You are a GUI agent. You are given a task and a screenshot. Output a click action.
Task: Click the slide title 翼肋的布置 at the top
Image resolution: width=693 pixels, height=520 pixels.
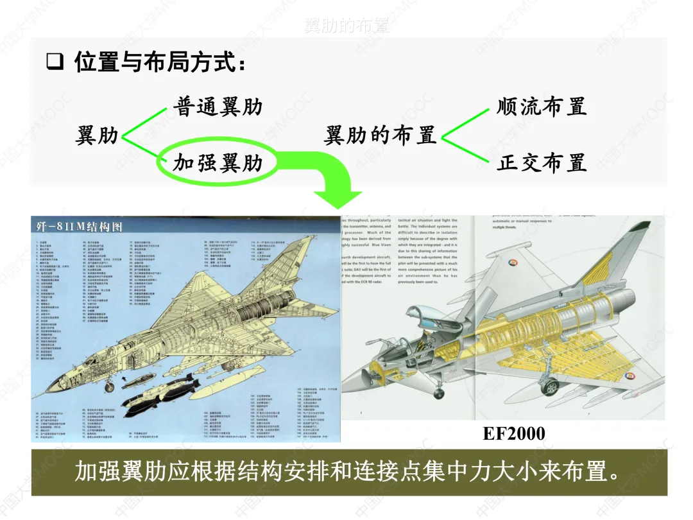coord(346,26)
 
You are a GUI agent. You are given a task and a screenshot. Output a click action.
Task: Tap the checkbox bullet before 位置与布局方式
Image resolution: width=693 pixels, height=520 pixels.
coord(55,63)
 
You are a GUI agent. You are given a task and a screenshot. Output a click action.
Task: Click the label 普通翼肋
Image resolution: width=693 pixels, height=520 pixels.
coord(218,106)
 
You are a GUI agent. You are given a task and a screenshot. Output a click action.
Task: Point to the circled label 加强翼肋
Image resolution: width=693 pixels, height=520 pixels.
coord(218,162)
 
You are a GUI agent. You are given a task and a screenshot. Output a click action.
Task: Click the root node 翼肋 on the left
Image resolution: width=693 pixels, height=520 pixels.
coord(97,135)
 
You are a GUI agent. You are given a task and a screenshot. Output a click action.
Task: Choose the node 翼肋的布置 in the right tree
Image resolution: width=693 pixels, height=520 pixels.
coord(380,135)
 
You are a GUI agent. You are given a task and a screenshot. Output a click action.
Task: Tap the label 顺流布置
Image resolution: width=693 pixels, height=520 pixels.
coord(542,106)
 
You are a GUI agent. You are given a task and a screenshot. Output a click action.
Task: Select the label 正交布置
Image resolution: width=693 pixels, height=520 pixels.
coord(542,162)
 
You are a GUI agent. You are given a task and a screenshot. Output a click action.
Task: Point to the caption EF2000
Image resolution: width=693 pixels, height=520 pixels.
coord(514,434)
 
